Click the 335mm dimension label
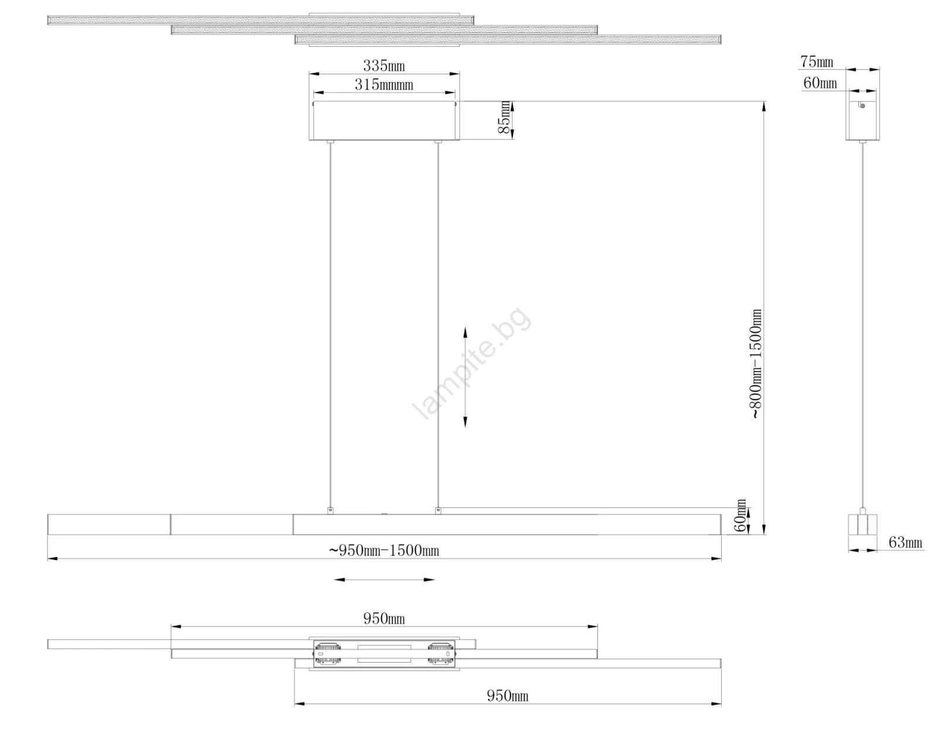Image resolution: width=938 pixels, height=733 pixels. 384,66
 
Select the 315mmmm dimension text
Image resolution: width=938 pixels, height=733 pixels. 384,84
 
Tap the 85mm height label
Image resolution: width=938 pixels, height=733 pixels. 504,117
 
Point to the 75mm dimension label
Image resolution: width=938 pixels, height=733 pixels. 817,62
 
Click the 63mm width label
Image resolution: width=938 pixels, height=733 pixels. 905,543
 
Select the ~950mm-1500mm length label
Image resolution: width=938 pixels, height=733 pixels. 384,551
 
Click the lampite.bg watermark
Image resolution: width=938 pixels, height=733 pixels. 471,363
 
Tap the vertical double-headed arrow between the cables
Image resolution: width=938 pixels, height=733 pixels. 465,377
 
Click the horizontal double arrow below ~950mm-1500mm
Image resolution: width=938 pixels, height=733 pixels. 384,580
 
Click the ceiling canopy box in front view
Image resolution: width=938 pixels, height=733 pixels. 384,120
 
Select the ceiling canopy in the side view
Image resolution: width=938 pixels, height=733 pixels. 862,120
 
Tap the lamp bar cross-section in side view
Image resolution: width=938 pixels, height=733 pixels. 862,524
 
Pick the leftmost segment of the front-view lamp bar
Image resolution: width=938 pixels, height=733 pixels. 109,524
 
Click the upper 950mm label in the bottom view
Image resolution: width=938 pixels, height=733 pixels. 384,619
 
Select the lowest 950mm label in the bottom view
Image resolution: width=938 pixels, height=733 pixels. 508,696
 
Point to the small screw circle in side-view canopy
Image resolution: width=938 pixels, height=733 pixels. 862,106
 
